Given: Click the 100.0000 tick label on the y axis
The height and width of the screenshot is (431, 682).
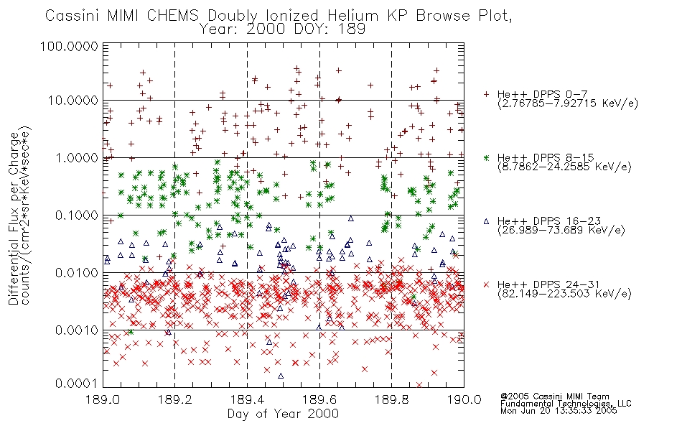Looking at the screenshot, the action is tap(69, 46).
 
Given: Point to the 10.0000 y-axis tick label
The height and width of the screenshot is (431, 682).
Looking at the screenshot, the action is tap(73, 101).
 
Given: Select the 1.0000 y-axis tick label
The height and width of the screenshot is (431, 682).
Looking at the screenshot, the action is tap(77, 157).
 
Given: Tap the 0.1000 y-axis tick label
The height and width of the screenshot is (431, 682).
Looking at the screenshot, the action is tap(77, 215).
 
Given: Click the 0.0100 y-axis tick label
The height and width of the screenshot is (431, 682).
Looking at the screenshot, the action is tap(77, 273).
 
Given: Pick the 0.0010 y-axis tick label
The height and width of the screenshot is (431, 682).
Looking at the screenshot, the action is tap(77, 330).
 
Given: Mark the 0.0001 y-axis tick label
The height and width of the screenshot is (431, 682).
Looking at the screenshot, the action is tap(77, 384).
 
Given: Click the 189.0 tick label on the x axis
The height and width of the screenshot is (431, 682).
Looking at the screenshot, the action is tap(103, 399).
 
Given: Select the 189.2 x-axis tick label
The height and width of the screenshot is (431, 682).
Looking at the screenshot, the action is tap(175, 399).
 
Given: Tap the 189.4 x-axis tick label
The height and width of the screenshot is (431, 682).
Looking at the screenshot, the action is tap(247, 399).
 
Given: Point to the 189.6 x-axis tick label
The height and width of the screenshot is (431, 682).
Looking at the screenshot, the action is tap(319, 399).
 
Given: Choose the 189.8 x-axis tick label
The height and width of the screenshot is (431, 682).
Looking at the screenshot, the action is tap(392, 399).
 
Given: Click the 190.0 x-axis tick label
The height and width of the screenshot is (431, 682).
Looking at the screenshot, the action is tap(464, 399).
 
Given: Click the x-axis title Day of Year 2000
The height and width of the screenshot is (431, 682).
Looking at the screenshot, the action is tap(283, 414).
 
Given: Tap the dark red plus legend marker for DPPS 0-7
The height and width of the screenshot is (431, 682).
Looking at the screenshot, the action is tap(486, 94).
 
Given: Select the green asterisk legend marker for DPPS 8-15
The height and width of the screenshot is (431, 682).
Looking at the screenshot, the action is tap(486, 157).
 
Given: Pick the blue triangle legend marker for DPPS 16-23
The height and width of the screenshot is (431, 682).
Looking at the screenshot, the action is tap(486, 221).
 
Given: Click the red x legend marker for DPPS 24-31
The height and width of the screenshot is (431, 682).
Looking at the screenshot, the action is tap(486, 284).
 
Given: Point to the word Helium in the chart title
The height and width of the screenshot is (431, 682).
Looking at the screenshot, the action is tap(352, 16).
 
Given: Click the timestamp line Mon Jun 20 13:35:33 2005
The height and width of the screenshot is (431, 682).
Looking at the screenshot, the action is tap(559, 411).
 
